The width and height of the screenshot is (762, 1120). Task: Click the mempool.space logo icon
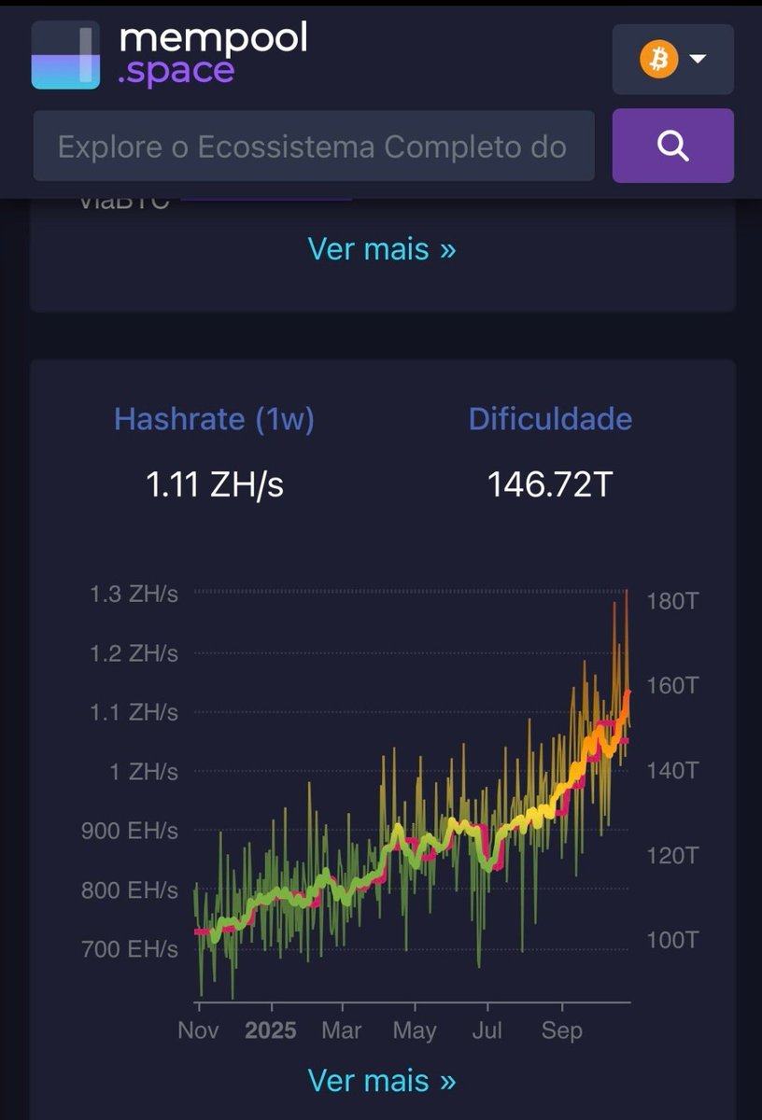click(x=65, y=55)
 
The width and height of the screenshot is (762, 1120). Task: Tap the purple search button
click(x=672, y=146)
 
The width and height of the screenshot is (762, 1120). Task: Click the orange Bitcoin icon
click(x=658, y=60)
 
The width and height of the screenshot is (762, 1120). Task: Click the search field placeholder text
click(x=312, y=147)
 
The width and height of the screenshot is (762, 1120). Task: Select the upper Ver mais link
click(x=381, y=249)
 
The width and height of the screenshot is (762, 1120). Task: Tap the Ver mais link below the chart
click(x=381, y=1080)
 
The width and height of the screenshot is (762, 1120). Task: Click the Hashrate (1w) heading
click(x=214, y=419)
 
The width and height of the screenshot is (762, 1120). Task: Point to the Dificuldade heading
click(x=550, y=419)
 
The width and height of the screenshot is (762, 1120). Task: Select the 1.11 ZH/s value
click(x=214, y=484)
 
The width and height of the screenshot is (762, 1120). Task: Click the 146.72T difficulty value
click(x=550, y=484)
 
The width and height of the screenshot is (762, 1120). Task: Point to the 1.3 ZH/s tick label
click(x=134, y=594)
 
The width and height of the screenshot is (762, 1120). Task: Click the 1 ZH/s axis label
click(x=143, y=772)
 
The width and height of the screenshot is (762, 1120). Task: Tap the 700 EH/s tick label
click(x=129, y=949)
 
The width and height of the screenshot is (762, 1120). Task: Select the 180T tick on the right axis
click(x=672, y=600)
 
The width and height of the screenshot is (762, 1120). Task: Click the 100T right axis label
click(x=672, y=940)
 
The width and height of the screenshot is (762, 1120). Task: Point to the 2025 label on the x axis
click(x=270, y=1030)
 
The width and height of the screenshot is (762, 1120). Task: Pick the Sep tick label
click(x=562, y=1030)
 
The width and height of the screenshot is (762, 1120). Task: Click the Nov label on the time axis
click(x=198, y=1030)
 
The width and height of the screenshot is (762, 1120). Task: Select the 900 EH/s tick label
click(x=129, y=831)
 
